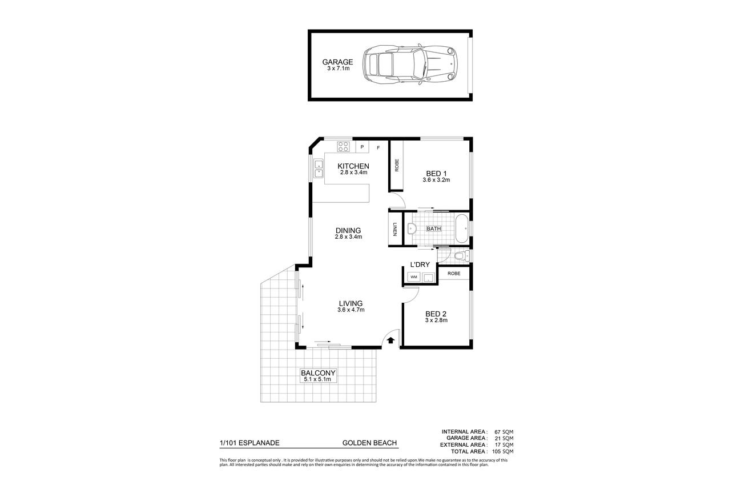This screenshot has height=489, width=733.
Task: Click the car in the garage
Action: tap(410, 65)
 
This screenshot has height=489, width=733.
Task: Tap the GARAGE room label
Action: tap(337, 62)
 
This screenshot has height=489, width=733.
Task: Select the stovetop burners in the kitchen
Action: tap(343, 146)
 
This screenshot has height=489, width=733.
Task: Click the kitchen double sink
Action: tap(89, 169)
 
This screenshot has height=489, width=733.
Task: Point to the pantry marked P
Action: tap(362, 147)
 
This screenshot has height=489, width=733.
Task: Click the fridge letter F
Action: tap(378, 148)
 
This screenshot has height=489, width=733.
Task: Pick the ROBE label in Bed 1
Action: tap(397, 166)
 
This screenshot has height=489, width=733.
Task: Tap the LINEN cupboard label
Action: tap(395, 229)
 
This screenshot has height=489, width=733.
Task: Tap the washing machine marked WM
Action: tap(414, 277)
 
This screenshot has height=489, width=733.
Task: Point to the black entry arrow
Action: tap(390, 340)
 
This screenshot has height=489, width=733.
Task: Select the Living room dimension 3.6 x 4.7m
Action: tap(351, 310)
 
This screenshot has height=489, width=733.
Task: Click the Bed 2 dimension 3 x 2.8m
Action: tap(436, 320)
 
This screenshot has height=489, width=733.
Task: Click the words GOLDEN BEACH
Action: tap(369, 443)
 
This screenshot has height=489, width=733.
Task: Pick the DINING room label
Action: tap(348, 231)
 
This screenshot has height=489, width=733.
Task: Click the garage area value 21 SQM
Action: tap(504, 438)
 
